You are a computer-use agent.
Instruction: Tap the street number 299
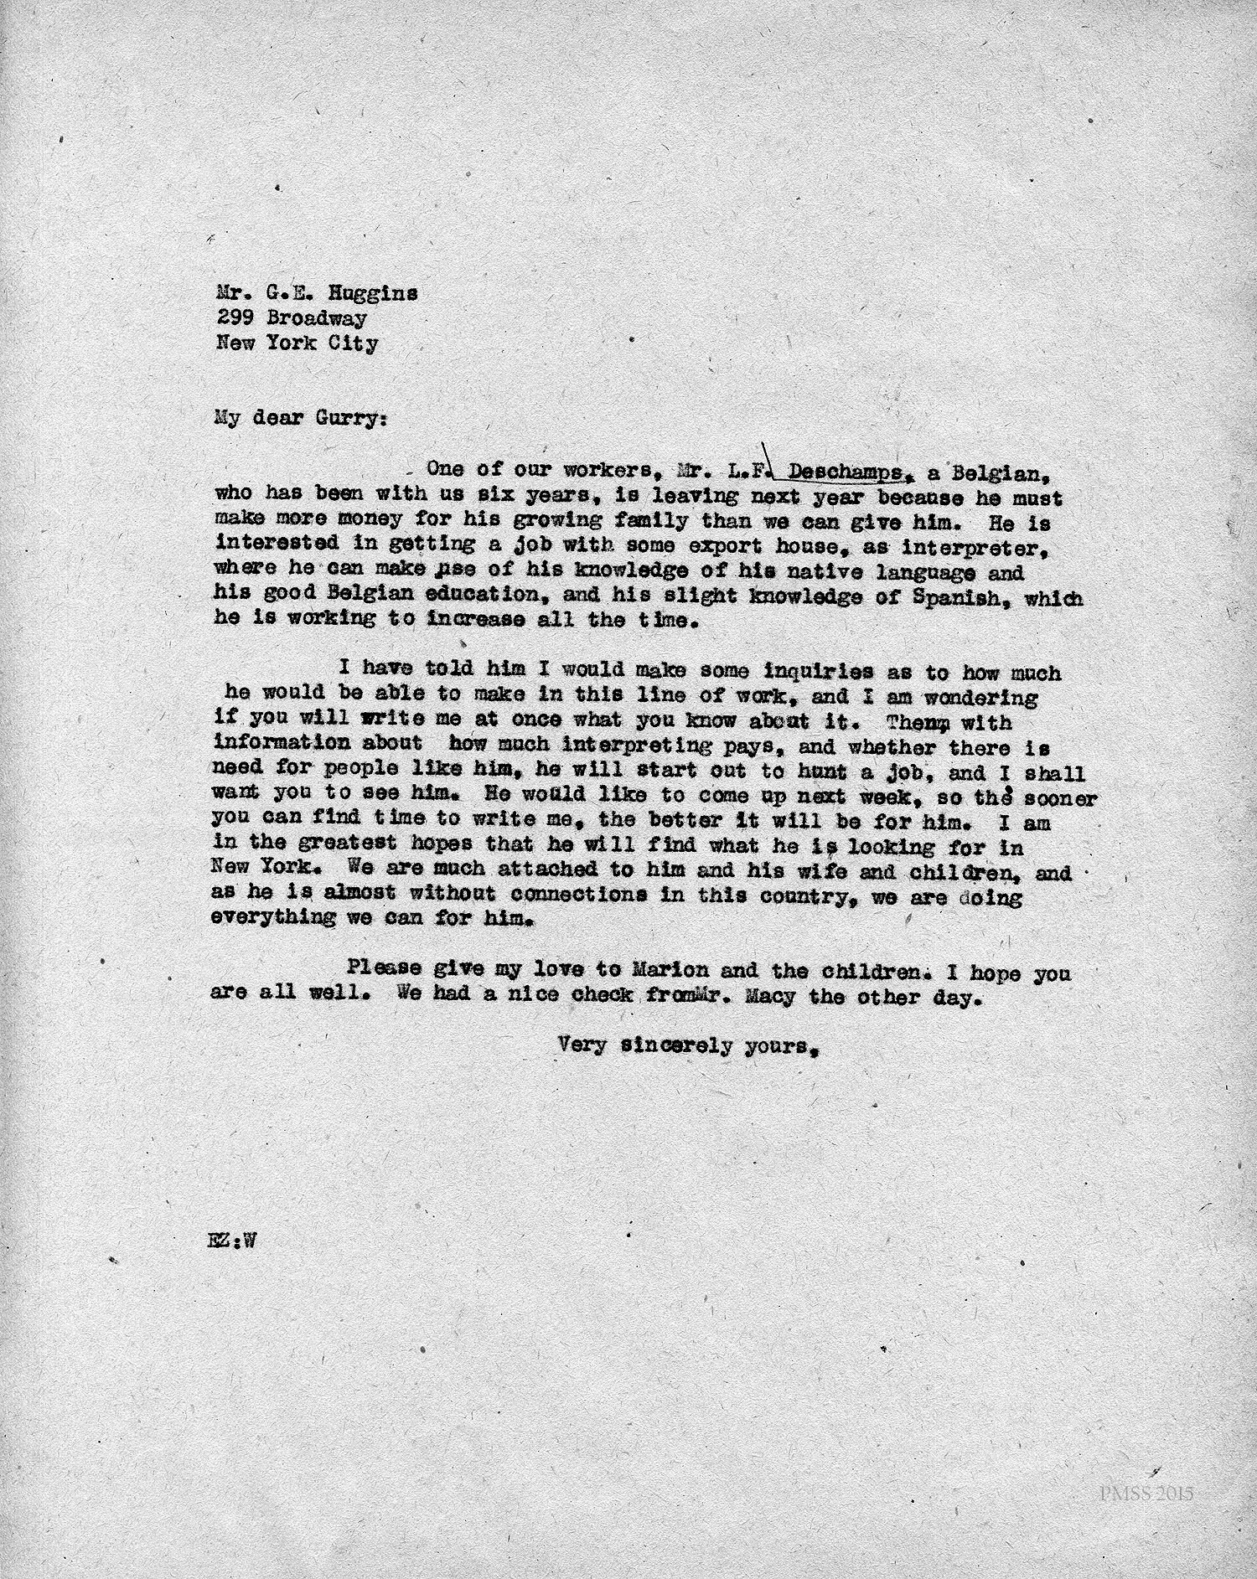coord(235,318)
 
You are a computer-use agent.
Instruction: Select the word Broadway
coord(316,318)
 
